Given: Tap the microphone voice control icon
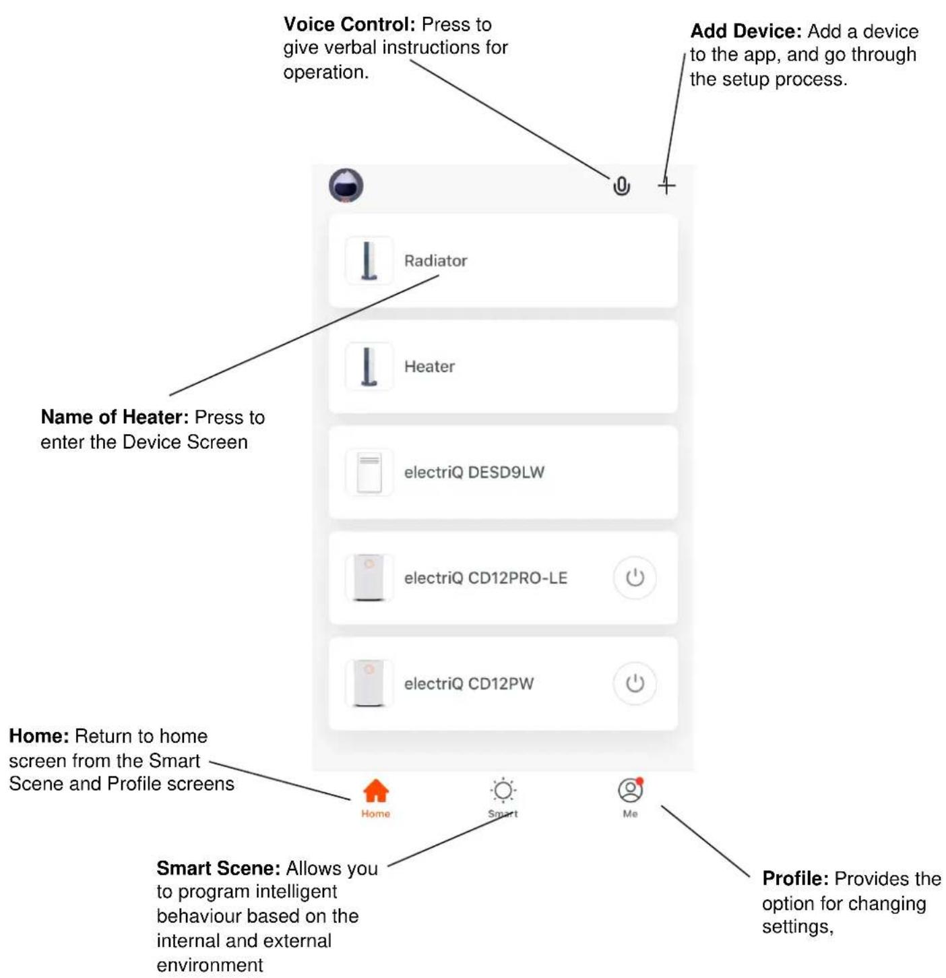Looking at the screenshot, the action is point(621,186).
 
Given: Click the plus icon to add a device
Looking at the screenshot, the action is point(666,186).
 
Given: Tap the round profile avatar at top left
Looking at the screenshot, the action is point(346,185).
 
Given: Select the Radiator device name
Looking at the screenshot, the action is point(435,260).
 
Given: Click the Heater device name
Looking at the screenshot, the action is point(429,366).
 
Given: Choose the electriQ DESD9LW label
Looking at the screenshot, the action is point(474,472).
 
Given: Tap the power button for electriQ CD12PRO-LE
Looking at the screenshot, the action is point(635,578).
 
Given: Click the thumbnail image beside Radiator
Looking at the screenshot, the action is point(369,260).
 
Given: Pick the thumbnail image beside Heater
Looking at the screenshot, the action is point(369,366).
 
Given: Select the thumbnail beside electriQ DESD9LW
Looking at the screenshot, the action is point(369,472).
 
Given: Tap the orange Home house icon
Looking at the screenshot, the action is point(375,791).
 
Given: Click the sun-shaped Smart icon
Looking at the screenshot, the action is point(503,791).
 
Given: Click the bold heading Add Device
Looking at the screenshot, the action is point(746,31).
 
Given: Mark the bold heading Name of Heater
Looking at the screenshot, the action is point(115,417).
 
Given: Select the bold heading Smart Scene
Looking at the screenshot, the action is point(218,868).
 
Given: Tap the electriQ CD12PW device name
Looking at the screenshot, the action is point(469,683).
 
